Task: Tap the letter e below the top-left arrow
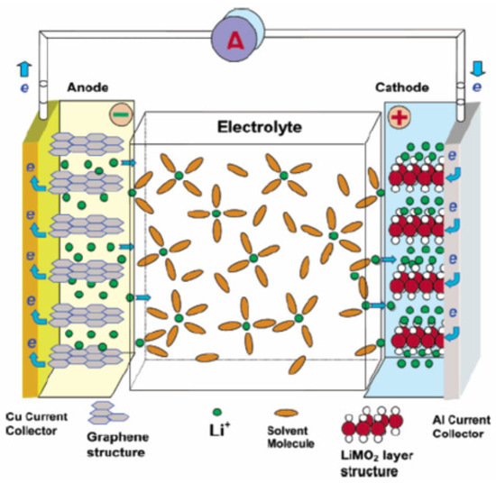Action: [x=23, y=87]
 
